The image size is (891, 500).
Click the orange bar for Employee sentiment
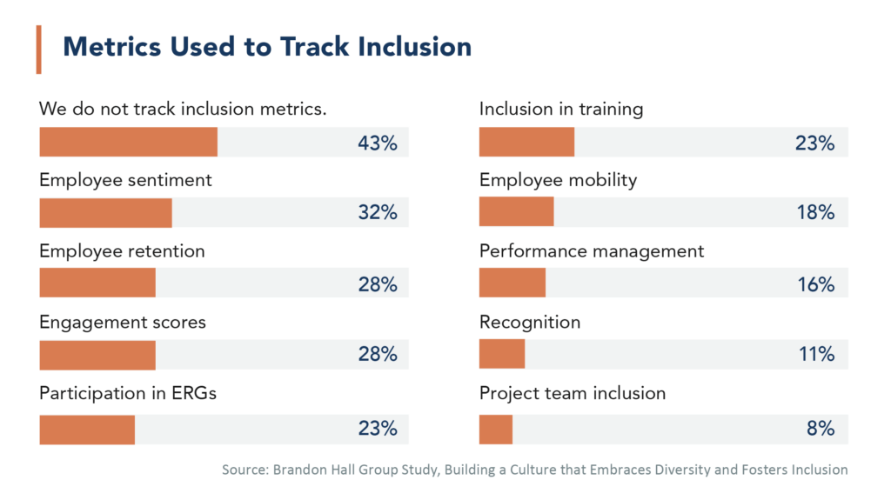105,213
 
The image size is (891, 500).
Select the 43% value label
377,143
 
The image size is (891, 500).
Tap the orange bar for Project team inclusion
496,429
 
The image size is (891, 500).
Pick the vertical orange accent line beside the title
38,50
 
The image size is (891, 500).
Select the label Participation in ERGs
128,393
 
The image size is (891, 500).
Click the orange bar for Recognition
502,355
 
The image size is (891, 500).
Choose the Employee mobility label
558,180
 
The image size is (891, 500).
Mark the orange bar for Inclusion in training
526,143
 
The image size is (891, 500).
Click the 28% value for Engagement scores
377,355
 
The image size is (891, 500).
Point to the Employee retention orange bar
97,284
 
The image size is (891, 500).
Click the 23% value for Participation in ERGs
377,429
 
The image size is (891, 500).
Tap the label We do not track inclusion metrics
183,109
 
